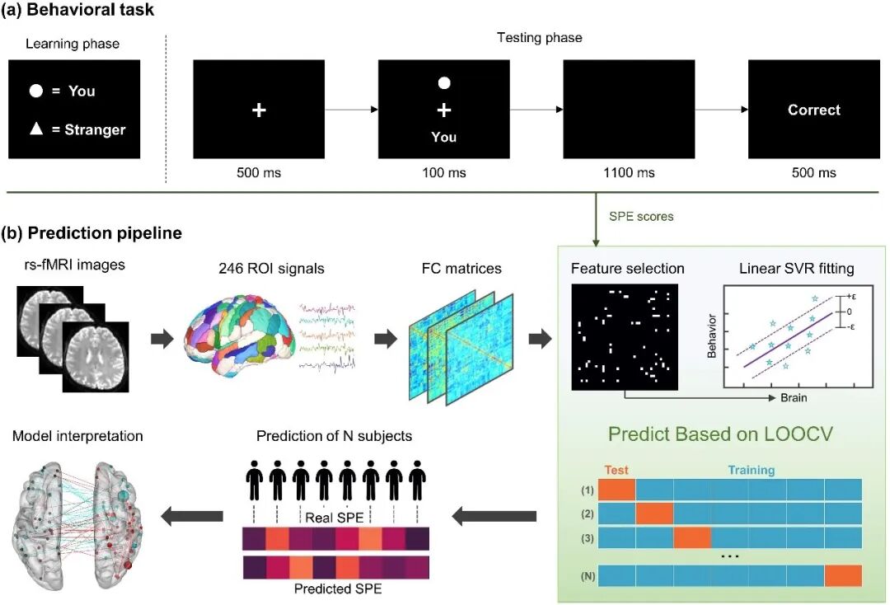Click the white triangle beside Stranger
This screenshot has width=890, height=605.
pyautogui.click(x=36, y=129)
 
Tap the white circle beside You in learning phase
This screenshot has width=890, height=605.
pyautogui.click(x=36, y=91)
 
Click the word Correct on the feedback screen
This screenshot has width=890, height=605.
pyautogui.click(x=813, y=110)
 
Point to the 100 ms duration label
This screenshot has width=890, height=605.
pyautogui.click(x=443, y=172)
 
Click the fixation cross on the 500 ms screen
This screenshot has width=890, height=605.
pyautogui.click(x=259, y=110)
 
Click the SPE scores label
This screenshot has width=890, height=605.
pyautogui.click(x=641, y=217)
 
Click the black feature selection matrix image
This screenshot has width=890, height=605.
pyautogui.click(x=624, y=336)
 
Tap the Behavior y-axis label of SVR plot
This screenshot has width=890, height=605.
pyautogui.click(x=711, y=336)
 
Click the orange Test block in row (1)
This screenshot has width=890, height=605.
pyautogui.click(x=616, y=489)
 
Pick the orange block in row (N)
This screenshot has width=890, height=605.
pyautogui.click(x=843, y=575)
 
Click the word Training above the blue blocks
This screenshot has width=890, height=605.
pyautogui.click(x=750, y=470)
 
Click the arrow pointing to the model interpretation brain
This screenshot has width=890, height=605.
pyautogui.click(x=191, y=517)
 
